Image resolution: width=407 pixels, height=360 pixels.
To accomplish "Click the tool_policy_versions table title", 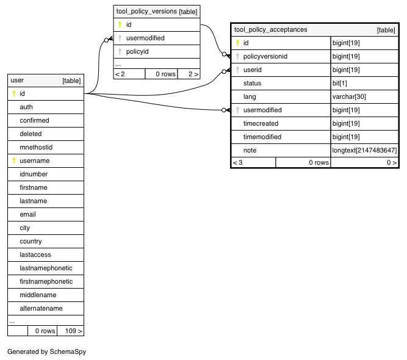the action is (x=146, y=12).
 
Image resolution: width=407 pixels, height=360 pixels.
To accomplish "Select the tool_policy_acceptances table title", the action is (x=270, y=29).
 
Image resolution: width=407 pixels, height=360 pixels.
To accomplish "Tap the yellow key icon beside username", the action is (x=14, y=160).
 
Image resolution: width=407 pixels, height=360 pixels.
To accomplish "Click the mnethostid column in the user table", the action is (x=36, y=147).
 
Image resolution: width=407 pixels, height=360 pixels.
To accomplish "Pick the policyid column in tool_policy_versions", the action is (x=137, y=51).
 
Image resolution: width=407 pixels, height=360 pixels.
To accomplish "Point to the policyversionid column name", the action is (x=265, y=56).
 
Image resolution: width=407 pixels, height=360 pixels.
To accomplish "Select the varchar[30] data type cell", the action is (x=349, y=96).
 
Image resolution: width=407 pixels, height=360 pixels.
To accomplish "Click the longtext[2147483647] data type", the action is (x=364, y=150).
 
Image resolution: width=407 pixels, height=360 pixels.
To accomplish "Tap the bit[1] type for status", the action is (x=339, y=83).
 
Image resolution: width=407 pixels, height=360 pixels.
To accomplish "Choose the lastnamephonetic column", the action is (x=46, y=268).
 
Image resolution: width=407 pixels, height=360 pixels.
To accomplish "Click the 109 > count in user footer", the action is (x=73, y=331).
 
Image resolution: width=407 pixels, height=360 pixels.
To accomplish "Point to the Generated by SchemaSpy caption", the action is (x=46, y=351).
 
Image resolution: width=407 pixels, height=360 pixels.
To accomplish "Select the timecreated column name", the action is (x=261, y=123).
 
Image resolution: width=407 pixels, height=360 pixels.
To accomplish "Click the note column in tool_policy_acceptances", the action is (x=250, y=150).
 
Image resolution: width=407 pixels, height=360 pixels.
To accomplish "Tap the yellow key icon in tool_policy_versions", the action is (x=120, y=24).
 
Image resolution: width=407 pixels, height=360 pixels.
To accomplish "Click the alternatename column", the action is (x=41, y=308).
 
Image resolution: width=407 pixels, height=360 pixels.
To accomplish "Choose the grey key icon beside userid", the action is (x=237, y=70).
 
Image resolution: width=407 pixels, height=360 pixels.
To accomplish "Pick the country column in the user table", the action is (x=31, y=241).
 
